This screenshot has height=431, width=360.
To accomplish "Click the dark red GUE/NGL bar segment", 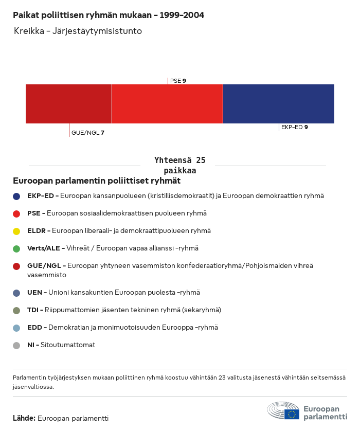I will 68,104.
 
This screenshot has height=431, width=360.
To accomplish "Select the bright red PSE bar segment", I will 167,104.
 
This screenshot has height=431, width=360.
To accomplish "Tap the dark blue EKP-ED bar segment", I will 278,104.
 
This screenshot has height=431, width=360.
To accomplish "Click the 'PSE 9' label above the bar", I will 178,81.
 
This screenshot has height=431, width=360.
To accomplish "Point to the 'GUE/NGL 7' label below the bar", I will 87,133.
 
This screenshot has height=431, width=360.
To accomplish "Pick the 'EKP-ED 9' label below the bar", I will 294,127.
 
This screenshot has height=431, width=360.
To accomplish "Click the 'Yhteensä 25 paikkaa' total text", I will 179,165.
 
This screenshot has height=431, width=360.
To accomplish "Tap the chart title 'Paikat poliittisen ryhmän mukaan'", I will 109,15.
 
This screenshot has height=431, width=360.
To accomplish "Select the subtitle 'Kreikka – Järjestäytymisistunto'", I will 78,31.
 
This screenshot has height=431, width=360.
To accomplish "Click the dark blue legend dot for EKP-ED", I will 16,196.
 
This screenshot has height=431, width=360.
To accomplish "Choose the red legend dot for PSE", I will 16,213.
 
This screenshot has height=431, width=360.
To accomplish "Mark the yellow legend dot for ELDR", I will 16,231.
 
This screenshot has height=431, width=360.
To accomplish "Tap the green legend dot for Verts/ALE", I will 16,248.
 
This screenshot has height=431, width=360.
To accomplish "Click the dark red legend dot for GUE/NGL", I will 16,266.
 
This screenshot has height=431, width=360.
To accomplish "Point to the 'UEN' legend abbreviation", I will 35,293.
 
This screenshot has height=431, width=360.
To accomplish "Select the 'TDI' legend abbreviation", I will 34,310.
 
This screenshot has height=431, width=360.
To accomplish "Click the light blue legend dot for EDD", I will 16,328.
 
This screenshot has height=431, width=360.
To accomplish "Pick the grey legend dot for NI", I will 16,345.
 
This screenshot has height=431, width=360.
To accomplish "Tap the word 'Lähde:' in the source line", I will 24,418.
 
